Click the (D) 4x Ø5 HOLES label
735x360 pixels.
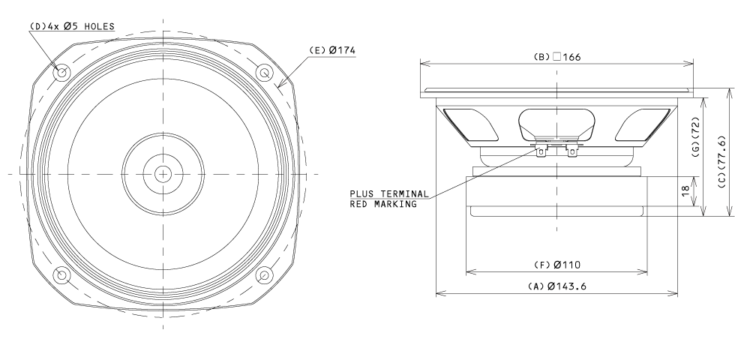72,27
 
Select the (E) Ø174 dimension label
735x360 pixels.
331,50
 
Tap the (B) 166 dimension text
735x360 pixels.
556,57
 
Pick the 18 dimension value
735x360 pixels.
685,190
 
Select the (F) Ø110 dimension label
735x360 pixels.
556,265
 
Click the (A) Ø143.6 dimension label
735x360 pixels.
556,286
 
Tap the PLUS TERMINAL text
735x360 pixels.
389,193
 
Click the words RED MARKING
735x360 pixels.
383,204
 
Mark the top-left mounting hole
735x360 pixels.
61,73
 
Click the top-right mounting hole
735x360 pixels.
264,73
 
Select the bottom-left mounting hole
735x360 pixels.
61,275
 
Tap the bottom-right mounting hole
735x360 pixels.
264,275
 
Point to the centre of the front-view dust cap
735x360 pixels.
163,174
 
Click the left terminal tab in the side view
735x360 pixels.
541,151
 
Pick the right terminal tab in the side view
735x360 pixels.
571,151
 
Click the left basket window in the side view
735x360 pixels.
470,124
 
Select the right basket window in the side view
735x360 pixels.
643,124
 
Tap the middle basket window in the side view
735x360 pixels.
556,124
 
